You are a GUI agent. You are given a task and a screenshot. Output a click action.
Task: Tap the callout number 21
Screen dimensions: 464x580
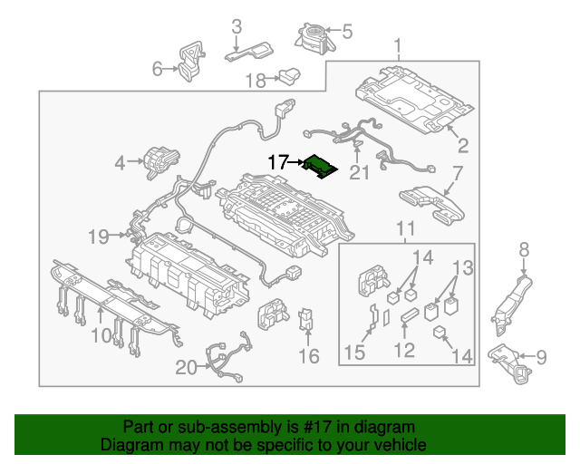[361, 172]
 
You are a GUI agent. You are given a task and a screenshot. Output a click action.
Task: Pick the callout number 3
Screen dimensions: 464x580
[236, 25]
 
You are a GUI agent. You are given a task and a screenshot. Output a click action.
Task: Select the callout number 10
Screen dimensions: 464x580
[100, 336]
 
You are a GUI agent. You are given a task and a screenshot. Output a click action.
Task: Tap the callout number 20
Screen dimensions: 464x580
[186, 367]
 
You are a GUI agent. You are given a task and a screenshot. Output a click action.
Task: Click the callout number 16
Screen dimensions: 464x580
[309, 356]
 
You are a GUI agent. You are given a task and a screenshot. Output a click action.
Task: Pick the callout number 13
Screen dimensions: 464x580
[463, 267]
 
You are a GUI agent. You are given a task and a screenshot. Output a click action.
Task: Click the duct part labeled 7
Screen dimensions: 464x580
[430, 202]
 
